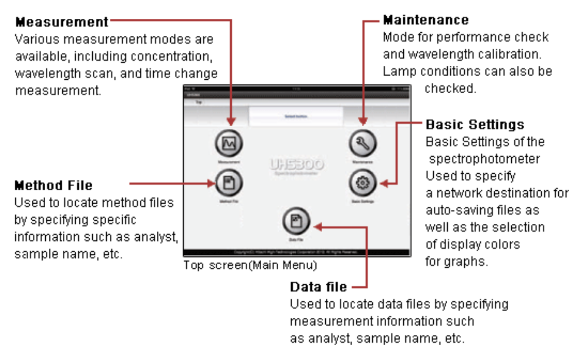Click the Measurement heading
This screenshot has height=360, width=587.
61,21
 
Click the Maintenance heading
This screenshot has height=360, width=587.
426,20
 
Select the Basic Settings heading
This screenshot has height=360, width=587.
475,124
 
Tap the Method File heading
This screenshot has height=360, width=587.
53,185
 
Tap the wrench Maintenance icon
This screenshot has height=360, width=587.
363,144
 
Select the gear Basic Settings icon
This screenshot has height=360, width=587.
363,184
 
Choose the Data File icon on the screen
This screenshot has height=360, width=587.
296,222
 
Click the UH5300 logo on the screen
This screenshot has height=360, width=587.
297,165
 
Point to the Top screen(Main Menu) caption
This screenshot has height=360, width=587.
250,265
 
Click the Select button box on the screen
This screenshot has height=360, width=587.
296,116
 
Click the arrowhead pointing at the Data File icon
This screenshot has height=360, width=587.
316,227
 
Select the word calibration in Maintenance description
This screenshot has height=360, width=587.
511,54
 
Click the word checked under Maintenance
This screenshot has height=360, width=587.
450,88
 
